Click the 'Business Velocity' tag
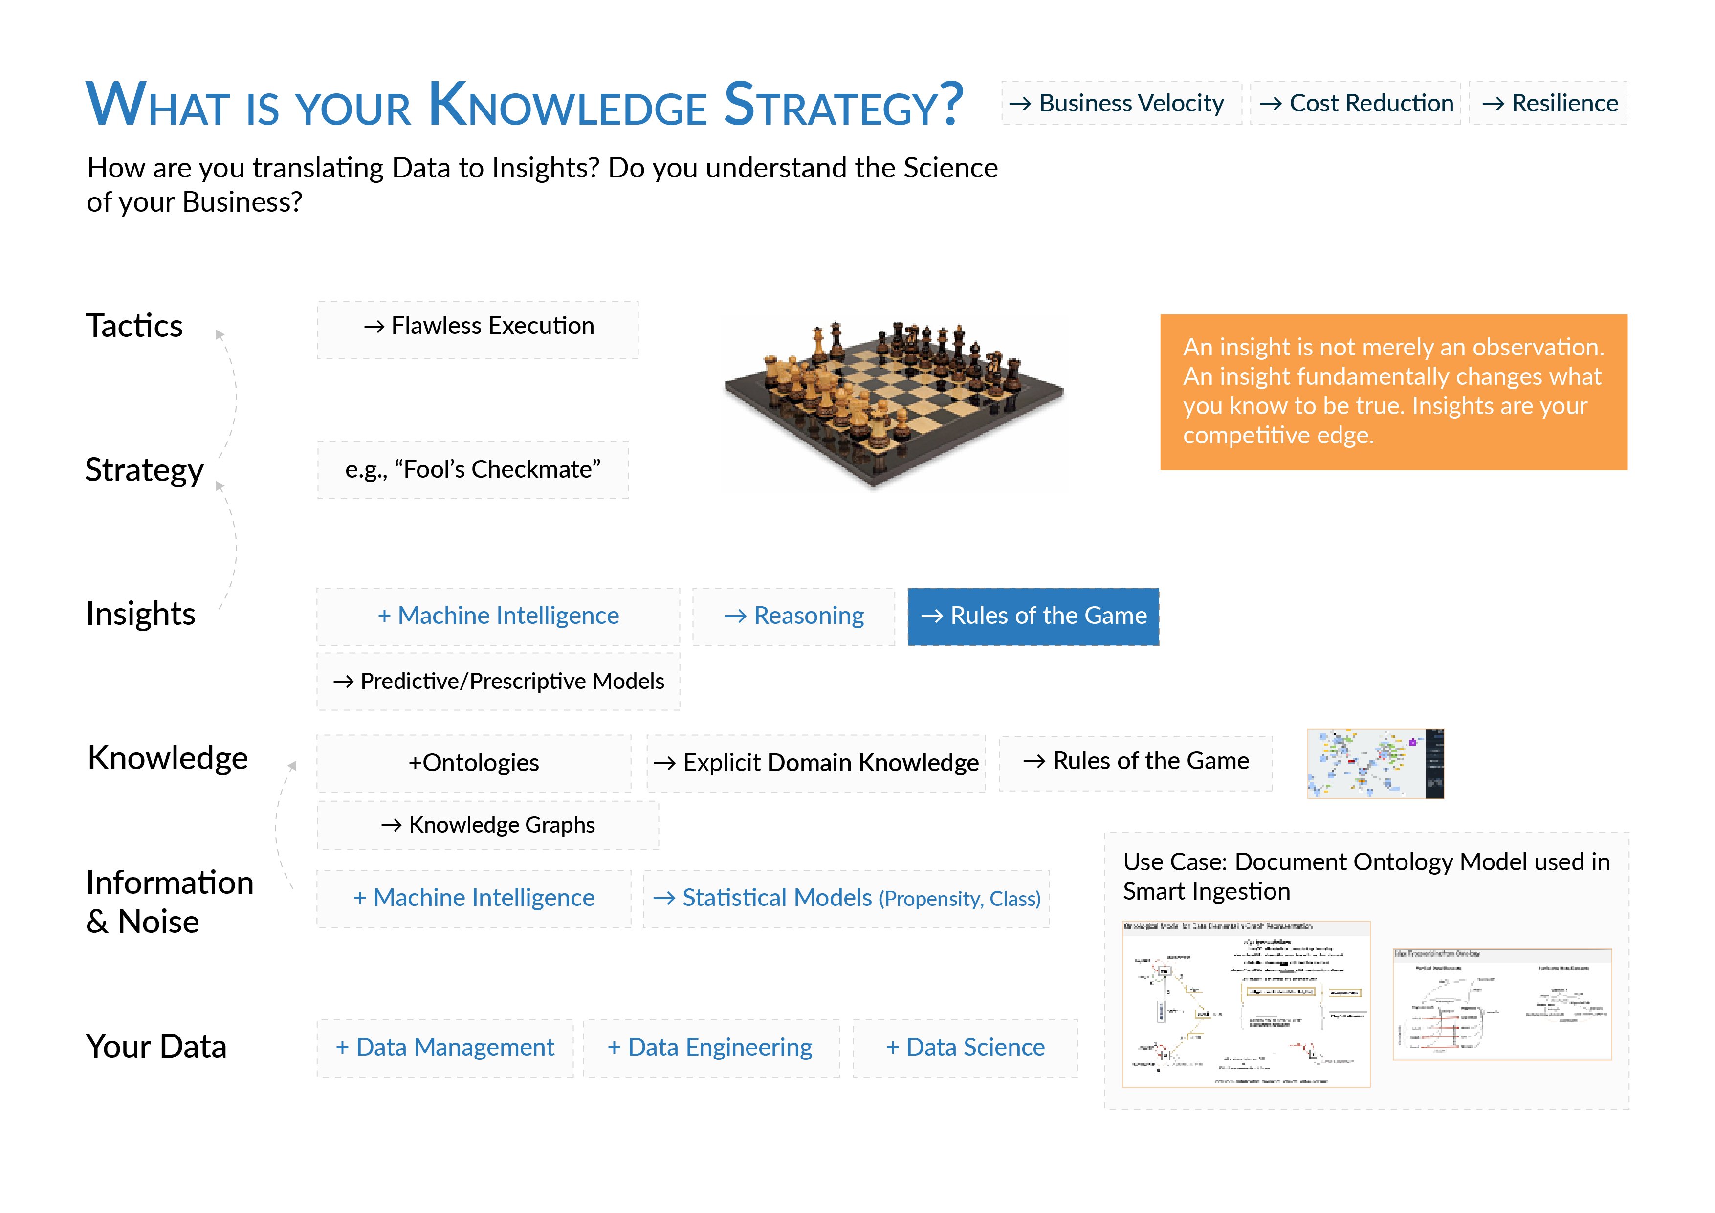(1121, 103)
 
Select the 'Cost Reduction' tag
(1356, 103)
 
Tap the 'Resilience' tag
(1549, 103)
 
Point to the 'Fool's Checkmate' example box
(473, 470)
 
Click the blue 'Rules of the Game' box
(1033, 616)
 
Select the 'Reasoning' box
(793, 616)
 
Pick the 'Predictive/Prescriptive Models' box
(498, 681)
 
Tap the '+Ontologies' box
(474, 763)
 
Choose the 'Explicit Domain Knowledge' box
(815, 763)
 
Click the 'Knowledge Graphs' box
(488, 825)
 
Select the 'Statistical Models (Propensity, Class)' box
(846, 898)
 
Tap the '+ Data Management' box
(445, 1048)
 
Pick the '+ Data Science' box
(965, 1048)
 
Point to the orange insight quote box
(1393, 392)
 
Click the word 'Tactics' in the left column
(134, 327)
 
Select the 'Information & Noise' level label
(170, 902)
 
